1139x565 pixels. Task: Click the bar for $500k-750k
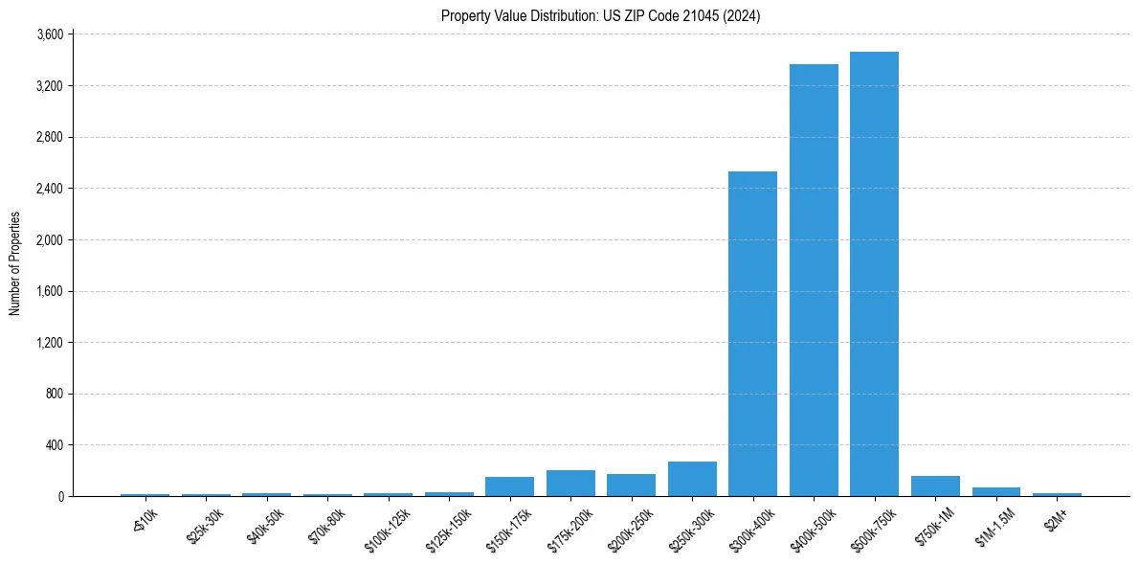(874, 274)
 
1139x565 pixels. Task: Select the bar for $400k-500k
(814, 280)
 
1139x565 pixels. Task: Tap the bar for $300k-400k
(752, 333)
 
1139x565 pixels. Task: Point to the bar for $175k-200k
(570, 484)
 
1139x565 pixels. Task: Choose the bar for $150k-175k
(509, 486)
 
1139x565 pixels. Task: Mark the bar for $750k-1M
(935, 486)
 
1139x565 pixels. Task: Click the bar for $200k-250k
(631, 486)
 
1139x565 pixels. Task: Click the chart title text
(600, 16)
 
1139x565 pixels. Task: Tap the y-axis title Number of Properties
(15, 263)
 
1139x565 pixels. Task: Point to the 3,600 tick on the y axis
(49, 34)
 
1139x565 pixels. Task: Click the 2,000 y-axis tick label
(49, 239)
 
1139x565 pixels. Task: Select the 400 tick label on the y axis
(54, 445)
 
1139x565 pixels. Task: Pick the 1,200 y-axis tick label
(49, 343)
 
